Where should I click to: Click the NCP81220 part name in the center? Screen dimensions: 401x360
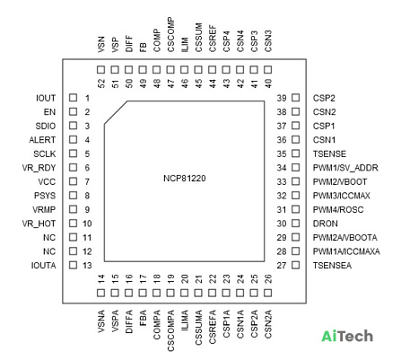click(185, 179)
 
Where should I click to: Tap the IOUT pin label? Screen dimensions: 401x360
click(46, 98)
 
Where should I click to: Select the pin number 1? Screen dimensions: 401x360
click(87, 98)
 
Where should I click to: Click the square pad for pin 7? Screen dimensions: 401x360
click(73, 181)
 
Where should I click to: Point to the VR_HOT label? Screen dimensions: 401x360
click(39, 224)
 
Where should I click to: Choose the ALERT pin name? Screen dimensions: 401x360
click(42, 140)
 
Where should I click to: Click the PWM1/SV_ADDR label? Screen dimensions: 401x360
click(345, 168)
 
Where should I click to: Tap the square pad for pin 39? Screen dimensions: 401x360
click(296, 98)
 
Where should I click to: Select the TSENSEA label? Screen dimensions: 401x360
click(332, 266)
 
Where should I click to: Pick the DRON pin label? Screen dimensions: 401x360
click(326, 224)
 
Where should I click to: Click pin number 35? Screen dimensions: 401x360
click(282, 154)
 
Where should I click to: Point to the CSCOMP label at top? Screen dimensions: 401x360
click(170, 35)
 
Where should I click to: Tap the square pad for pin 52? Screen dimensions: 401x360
click(101, 70)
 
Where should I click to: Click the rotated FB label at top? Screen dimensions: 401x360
click(143, 48)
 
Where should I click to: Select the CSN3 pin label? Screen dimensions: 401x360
click(268, 41)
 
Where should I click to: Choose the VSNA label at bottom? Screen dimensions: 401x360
click(101, 321)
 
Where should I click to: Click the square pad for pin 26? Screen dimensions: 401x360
click(268, 293)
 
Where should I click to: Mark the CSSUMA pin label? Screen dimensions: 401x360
click(198, 328)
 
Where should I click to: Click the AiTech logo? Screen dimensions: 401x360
click(347, 336)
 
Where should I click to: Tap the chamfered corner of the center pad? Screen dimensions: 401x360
click(116, 113)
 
